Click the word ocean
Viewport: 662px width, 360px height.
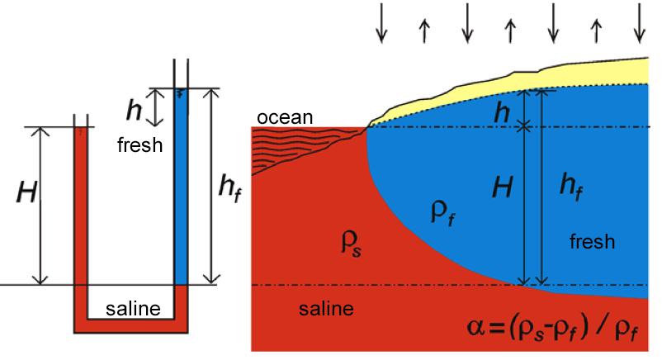click(285, 117)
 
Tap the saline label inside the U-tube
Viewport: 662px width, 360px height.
click(133, 309)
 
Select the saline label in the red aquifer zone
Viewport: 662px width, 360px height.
click(326, 309)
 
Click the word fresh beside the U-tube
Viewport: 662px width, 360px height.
click(139, 145)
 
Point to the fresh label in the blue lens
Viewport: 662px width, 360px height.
click(592, 242)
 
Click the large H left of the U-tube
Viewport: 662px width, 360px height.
click(27, 192)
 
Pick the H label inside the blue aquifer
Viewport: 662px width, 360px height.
click(503, 187)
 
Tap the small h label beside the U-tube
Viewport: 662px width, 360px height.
click(134, 111)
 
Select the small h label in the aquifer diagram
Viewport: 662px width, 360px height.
click(502, 112)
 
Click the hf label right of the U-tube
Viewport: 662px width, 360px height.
click(229, 188)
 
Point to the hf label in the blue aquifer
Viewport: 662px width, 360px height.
click(571, 187)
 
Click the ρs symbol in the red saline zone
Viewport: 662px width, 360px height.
click(352, 244)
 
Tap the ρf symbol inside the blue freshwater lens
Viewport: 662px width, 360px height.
click(442, 212)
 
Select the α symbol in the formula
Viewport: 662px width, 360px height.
click(476, 328)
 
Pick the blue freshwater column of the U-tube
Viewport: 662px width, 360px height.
click(181, 187)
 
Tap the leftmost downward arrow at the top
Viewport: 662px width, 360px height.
click(381, 23)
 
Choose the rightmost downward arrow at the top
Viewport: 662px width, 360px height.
click(640, 23)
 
